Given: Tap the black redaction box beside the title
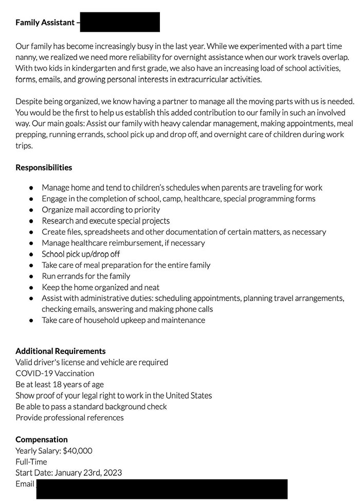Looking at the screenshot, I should point(120,22).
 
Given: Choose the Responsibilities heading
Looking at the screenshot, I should point(44,168).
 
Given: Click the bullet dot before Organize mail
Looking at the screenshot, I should point(32,210).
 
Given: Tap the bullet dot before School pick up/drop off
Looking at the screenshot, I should point(32,254).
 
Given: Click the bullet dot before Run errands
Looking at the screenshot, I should point(32,276).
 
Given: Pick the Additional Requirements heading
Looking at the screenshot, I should point(60,351).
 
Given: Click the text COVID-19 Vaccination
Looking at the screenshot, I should point(55,374).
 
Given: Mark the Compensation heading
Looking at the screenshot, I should point(41,440).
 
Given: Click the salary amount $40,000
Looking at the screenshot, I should point(77,451).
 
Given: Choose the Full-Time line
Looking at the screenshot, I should point(31,462).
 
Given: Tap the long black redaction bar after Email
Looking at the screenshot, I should point(161,489).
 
